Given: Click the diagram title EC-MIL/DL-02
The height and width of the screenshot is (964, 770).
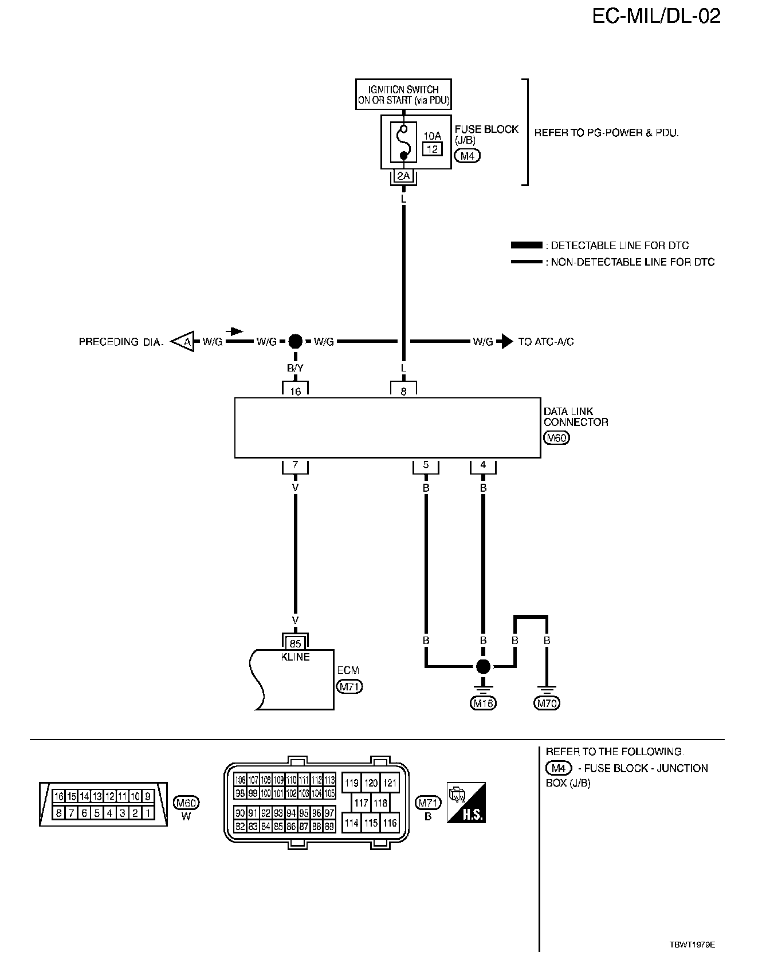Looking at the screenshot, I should click(x=656, y=17).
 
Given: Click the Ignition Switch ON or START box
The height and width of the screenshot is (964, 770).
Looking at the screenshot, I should click(x=403, y=95).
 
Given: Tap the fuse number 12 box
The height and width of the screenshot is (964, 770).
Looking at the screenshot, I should click(x=433, y=149).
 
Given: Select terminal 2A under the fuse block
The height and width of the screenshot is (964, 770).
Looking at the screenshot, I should click(x=403, y=176).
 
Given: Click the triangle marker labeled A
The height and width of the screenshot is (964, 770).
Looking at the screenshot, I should click(x=185, y=342).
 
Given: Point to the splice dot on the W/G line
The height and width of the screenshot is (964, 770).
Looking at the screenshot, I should click(x=295, y=342).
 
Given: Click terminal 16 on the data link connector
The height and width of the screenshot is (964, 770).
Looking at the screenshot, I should click(x=295, y=392).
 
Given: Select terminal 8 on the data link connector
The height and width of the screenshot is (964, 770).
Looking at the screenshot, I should click(x=403, y=392).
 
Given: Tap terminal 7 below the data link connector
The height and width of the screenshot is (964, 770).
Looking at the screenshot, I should click(x=295, y=465).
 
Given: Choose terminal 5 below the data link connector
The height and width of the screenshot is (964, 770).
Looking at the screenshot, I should click(x=426, y=465).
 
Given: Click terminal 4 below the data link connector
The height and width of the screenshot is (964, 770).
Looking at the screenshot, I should click(x=483, y=465).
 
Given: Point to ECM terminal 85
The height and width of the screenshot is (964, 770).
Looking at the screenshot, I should click(x=295, y=643).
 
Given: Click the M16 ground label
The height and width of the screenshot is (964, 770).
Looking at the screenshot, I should click(x=483, y=703).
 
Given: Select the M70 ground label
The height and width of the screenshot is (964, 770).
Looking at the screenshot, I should click(x=547, y=703).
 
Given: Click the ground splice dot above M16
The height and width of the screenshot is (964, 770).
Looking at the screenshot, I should click(x=483, y=666).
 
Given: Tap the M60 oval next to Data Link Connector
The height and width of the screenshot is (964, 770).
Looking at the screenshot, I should click(x=556, y=438).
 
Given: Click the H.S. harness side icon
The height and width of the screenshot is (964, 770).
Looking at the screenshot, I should click(x=466, y=803).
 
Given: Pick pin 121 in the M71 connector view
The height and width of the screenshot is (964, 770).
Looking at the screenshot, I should click(x=390, y=783).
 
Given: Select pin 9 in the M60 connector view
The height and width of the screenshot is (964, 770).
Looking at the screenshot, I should click(x=148, y=796).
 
